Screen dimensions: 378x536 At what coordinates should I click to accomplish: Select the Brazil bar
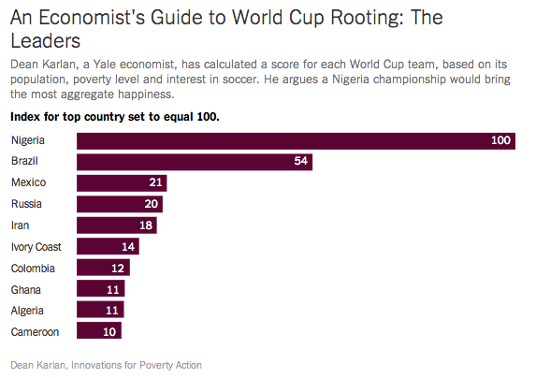[x=194, y=162]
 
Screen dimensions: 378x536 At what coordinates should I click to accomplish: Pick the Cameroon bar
[x=99, y=332]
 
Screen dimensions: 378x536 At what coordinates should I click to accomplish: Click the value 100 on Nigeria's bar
[x=500, y=140]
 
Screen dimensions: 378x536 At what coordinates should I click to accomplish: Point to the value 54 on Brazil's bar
[x=300, y=162]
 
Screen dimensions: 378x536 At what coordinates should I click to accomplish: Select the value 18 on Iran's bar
[x=145, y=225]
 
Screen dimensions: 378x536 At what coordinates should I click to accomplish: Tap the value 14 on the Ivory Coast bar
[x=128, y=247]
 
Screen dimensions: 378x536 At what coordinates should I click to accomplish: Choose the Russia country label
[x=27, y=204]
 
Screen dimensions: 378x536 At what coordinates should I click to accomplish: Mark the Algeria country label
[x=28, y=311]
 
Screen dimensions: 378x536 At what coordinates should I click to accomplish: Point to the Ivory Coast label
[x=36, y=247]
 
